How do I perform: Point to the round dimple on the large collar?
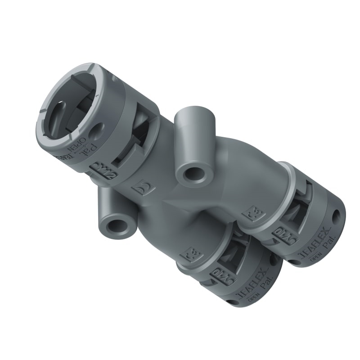pos(96,132)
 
